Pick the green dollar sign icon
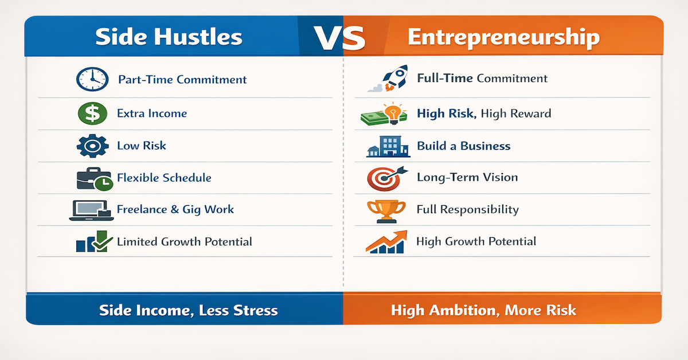(x=92, y=113)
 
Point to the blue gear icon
(x=92, y=146)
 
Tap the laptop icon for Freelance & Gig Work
(x=88, y=210)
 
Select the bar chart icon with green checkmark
(x=91, y=241)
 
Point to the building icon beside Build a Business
(x=388, y=146)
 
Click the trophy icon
(x=386, y=210)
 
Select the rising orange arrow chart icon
(x=386, y=241)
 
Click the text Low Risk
(x=141, y=146)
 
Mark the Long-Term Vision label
(x=467, y=177)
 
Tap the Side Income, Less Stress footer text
(x=188, y=311)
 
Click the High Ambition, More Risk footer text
(x=483, y=311)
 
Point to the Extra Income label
(x=152, y=114)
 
